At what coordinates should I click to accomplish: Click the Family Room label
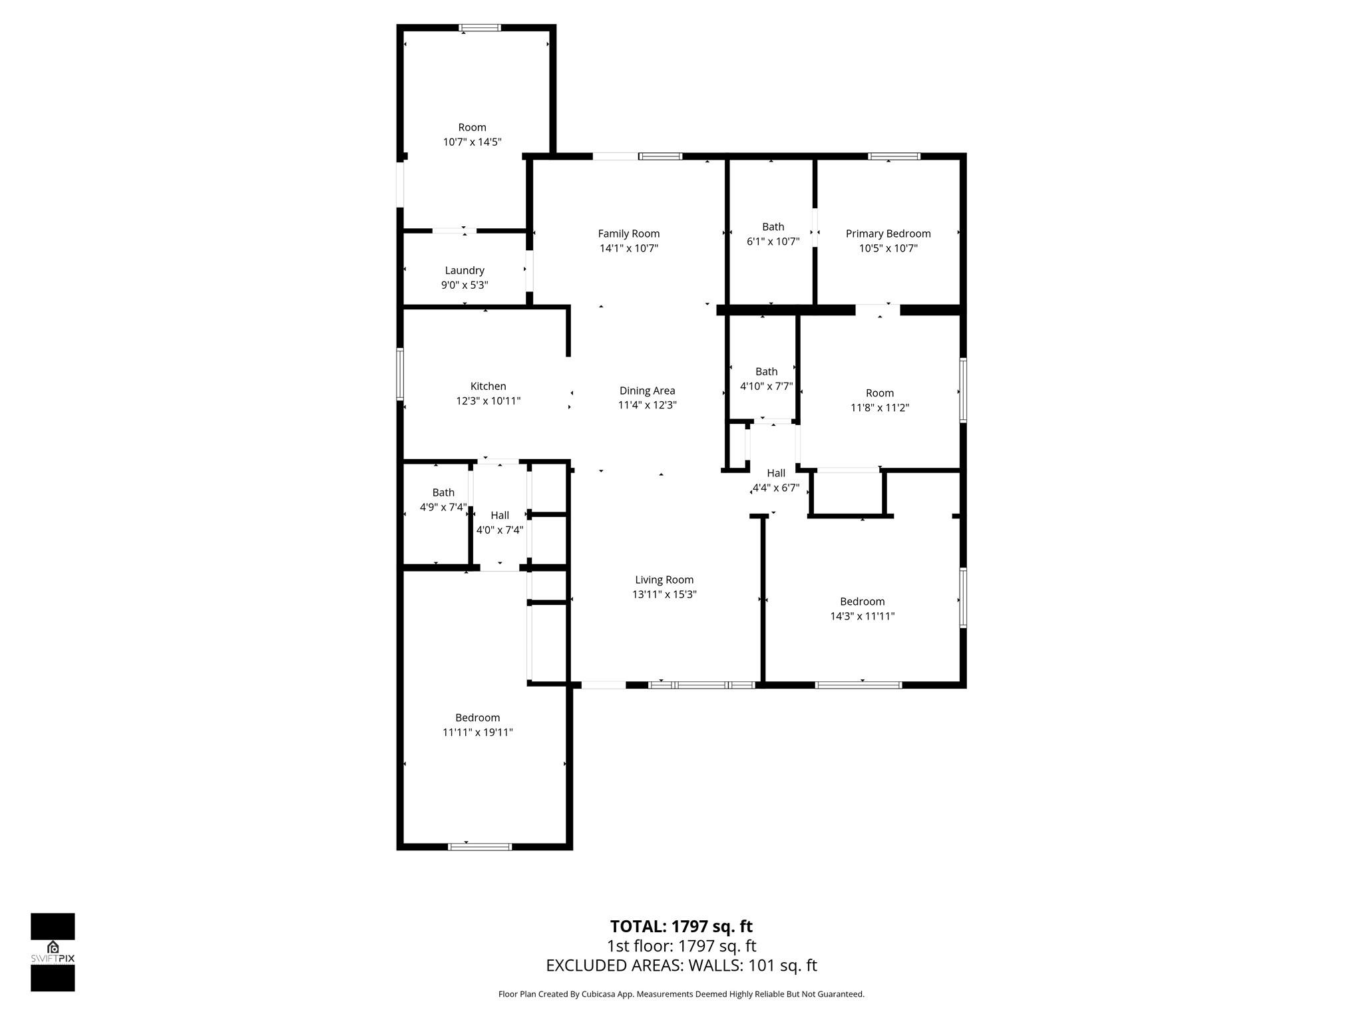pyautogui.click(x=628, y=234)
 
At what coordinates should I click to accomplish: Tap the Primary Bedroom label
pyautogui.click(x=888, y=234)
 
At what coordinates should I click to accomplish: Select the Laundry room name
pyautogui.click(x=465, y=270)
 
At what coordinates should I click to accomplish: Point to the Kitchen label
pyautogui.click(x=488, y=386)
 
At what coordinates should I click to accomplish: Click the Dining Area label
pyautogui.click(x=647, y=391)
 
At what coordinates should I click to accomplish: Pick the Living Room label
pyautogui.click(x=664, y=580)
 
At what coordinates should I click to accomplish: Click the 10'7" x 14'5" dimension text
pyautogui.click(x=472, y=142)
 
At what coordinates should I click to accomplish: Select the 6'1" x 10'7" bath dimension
pyautogui.click(x=773, y=242)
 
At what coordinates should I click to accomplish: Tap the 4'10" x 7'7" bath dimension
pyautogui.click(x=766, y=386)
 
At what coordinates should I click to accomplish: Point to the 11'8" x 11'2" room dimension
pyautogui.click(x=879, y=407)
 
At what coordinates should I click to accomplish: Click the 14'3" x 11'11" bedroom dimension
pyautogui.click(x=862, y=616)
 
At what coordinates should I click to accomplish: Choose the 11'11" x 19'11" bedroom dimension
pyautogui.click(x=477, y=732)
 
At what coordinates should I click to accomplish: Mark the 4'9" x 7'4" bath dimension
pyautogui.click(x=443, y=507)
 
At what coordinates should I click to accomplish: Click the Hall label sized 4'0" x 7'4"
pyautogui.click(x=500, y=515)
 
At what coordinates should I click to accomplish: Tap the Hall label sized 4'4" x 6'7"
pyautogui.click(x=776, y=473)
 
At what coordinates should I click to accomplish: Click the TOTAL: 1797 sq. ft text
pyautogui.click(x=681, y=926)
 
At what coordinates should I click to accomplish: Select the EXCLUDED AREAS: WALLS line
pyautogui.click(x=681, y=965)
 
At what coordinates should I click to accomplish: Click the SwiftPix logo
pyautogui.click(x=53, y=952)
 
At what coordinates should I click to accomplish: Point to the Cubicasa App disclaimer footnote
pyautogui.click(x=681, y=994)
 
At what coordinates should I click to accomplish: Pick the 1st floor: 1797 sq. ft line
pyautogui.click(x=681, y=945)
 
